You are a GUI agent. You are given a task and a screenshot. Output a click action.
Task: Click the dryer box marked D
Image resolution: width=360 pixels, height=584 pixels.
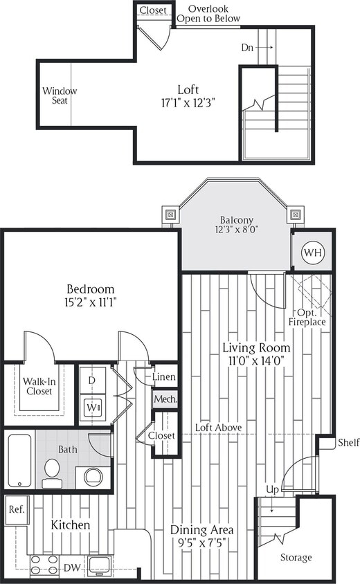(92, 381)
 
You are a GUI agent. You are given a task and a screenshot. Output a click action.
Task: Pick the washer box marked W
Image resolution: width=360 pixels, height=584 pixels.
(92, 408)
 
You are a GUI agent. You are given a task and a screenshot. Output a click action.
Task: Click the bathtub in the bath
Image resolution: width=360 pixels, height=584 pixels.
(19, 459)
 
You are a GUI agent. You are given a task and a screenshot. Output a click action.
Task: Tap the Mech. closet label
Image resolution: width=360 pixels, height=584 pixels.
(165, 399)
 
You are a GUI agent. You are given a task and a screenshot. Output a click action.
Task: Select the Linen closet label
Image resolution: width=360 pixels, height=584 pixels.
(165, 377)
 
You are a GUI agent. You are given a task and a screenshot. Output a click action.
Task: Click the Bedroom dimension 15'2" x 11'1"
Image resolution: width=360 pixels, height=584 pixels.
(90, 302)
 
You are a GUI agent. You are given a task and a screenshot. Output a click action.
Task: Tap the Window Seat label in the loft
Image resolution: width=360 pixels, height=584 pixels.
(60, 96)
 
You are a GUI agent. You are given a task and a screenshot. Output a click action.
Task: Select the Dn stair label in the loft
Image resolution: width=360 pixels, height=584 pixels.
(247, 48)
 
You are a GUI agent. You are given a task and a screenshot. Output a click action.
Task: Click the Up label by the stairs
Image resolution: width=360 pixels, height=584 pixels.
(273, 489)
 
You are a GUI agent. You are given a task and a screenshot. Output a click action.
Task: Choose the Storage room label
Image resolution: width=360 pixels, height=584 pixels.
(296, 557)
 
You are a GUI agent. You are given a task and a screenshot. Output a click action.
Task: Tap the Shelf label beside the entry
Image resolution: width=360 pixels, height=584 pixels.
(347, 443)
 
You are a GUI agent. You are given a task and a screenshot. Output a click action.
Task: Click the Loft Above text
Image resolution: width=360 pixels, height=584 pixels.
(218, 428)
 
